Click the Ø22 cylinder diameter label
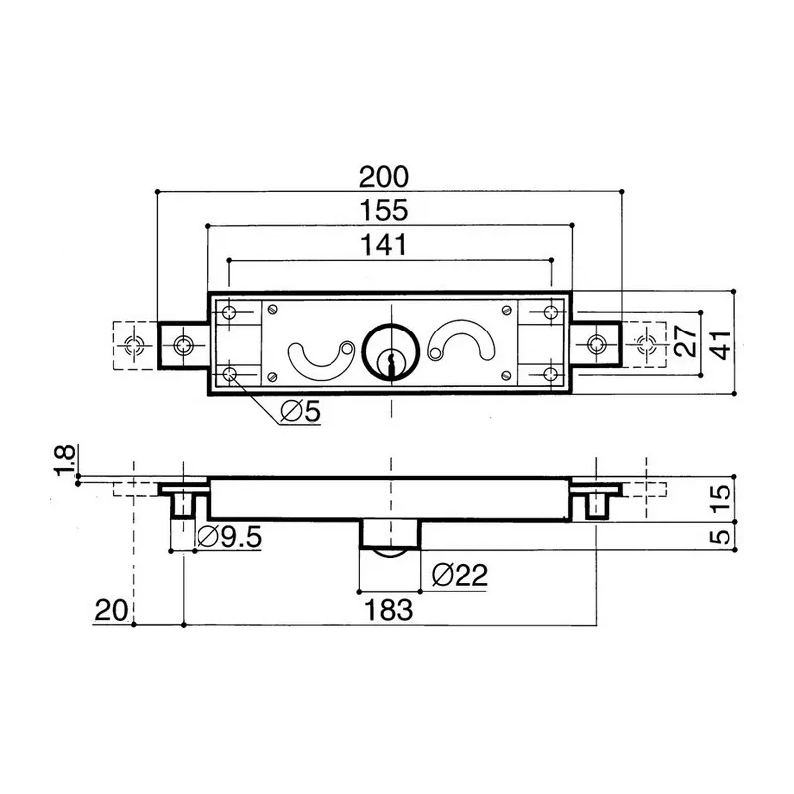460,573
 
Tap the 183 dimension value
388,609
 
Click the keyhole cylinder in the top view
390,351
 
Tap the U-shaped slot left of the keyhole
319,359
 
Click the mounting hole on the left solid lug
184,345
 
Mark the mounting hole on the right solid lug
595,344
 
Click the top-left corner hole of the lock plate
231,313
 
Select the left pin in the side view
185,505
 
